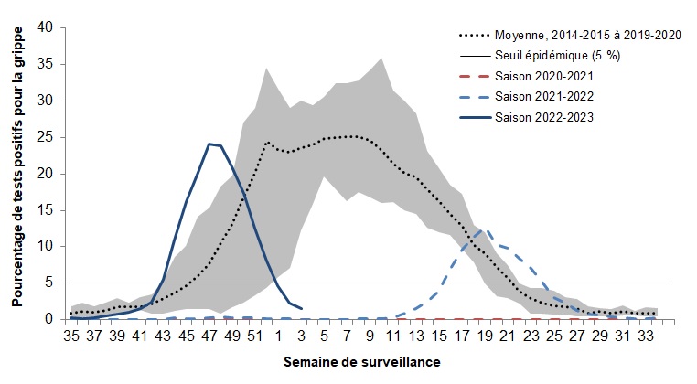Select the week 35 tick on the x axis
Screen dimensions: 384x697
point(71,336)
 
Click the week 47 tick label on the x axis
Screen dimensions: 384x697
point(209,336)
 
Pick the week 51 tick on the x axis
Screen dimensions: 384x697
point(254,336)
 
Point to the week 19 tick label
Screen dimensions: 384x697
point(485,336)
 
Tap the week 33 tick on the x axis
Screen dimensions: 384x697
point(646,336)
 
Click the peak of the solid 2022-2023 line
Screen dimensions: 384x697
point(209,144)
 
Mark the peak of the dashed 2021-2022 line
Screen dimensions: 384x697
point(485,230)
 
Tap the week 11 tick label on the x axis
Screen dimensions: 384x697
point(393,336)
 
